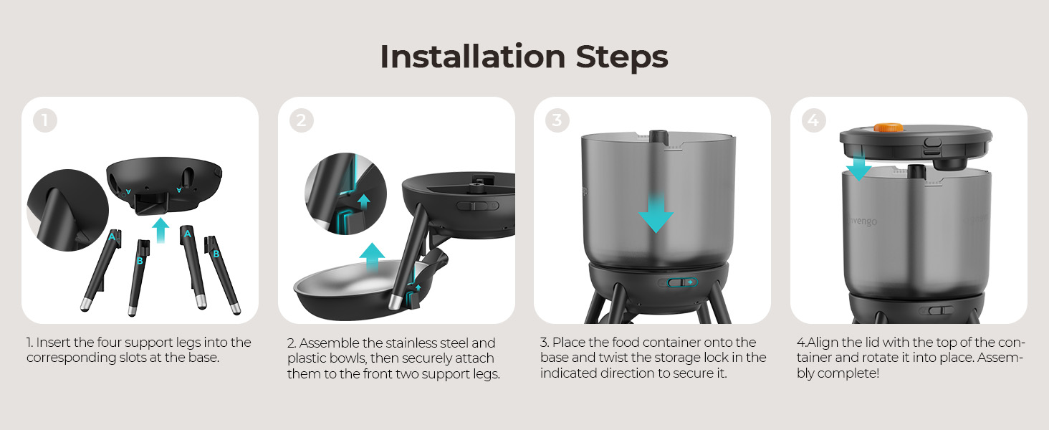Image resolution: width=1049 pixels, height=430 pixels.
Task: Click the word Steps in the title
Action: pyautogui.click(x=622, y=57)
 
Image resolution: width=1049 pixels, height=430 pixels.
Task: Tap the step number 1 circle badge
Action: pyautogui.click(x=45, y=120)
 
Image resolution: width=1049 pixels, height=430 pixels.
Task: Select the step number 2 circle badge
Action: pyautogui.click(x=301, y=120)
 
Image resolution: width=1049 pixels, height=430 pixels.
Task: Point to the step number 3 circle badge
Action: pyautogui.click(x=557, y=120)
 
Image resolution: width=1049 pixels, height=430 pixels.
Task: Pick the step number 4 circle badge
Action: pyautogui.click(x=813, y=120)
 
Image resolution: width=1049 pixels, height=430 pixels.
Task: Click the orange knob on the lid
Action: pyautogui.click(x=888, y=128)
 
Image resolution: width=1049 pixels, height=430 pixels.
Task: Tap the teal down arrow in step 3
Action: pyautogui.click(x=656, y=213)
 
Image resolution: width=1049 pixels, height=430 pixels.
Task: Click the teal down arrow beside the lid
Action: pyautogui.click(x=859, y=166)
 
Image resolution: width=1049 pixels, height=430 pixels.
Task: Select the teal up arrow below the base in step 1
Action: pyautogui.click(x=161, y=229)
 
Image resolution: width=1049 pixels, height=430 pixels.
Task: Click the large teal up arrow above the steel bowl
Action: pyautogui.click(x=373, y=257)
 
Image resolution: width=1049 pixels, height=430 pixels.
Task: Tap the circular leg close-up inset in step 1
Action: pyautogui.click(x=68, y=210)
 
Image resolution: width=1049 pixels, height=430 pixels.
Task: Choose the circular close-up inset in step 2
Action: pyautogui.click(x=345, y=193)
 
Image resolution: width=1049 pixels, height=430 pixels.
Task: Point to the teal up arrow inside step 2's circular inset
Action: pyautogui.click(x=364, y=202)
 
